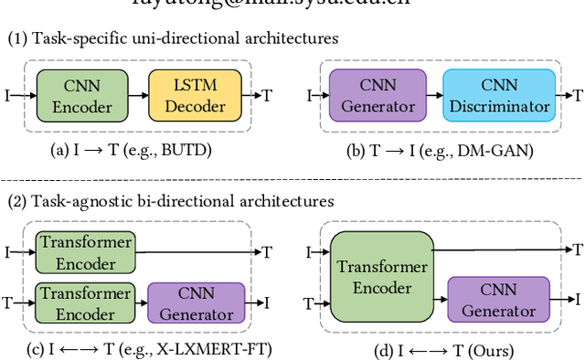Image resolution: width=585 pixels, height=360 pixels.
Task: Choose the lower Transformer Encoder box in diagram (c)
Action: coord(84,302)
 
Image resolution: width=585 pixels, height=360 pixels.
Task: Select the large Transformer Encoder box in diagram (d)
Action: coord(382,276)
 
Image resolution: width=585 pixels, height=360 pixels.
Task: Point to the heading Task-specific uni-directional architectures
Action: coord(173,38)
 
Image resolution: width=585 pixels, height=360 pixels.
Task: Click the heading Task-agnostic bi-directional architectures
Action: coord(171,200)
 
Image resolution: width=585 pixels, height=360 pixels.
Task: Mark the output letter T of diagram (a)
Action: coord(267,95)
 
